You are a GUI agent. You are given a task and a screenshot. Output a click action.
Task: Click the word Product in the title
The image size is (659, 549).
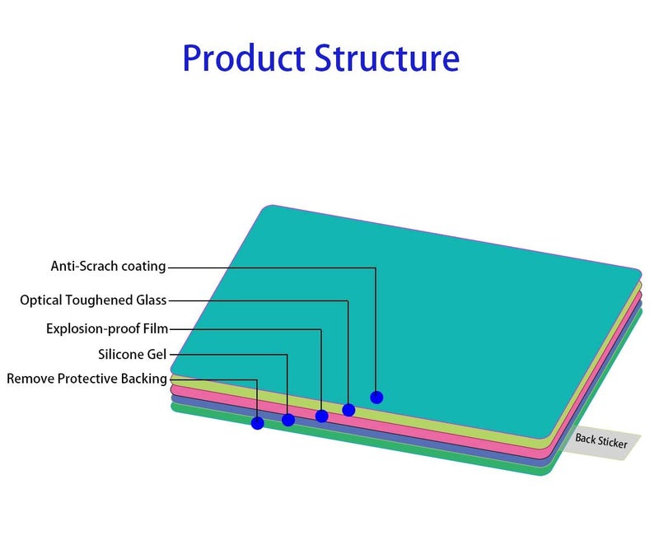pyautogui.click(x=244, y=58)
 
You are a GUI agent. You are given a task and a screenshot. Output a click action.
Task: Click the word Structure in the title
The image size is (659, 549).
pyautogui.click(x=387, y=58)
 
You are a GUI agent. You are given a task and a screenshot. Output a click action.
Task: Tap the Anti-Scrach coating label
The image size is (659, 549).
pyautogui.click(x=109, y=267)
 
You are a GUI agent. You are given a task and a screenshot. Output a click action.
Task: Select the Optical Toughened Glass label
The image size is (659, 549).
pyautogui.click(x=93, y=300)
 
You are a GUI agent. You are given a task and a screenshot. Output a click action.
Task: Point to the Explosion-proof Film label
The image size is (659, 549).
pyautogui.click(x=107, y=328)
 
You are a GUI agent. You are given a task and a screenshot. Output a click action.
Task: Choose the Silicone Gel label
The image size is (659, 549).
pyautogui.click(x=133, y=355)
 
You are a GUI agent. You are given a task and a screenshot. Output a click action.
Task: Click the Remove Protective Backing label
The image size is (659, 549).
pyautogui.click(x=87, y=379)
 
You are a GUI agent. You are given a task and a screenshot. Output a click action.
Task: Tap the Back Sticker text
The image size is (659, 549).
pyautogui.click(x=601, y=441)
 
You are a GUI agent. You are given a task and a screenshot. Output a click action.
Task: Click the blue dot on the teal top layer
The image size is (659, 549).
pyautogui.click(x=376, y=397)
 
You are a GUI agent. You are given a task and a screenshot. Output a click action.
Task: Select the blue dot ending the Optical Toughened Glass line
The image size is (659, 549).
pyautogui.click(x=348, y=410)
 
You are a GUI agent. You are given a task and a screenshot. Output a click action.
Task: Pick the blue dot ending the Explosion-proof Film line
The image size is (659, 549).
pyautogui.click(x=321, y=416)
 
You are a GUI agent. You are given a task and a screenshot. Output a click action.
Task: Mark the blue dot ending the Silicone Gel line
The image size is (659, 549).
pyautogui.click(x=288, y=420)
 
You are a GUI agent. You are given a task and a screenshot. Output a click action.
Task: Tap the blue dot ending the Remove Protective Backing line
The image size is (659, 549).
pyautogui.click(x=258, y=423)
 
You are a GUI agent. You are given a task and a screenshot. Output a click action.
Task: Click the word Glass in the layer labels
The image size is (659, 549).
pyautogui.click(x=152, y=300)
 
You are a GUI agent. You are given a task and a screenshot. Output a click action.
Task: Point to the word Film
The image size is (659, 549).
pyautogui.click(x=156, y=328)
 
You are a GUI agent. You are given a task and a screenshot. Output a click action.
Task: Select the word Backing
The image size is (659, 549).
pyautogui.click(x=144, y=379)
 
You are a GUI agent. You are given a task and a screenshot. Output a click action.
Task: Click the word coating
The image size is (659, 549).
pyautogui.click(x=143, y=267)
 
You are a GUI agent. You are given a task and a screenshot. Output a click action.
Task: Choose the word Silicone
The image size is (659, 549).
pyautogui.click(x=122, y=355)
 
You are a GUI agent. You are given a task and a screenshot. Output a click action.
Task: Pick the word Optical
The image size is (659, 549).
pyautogui.click(x=40, y=300)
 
